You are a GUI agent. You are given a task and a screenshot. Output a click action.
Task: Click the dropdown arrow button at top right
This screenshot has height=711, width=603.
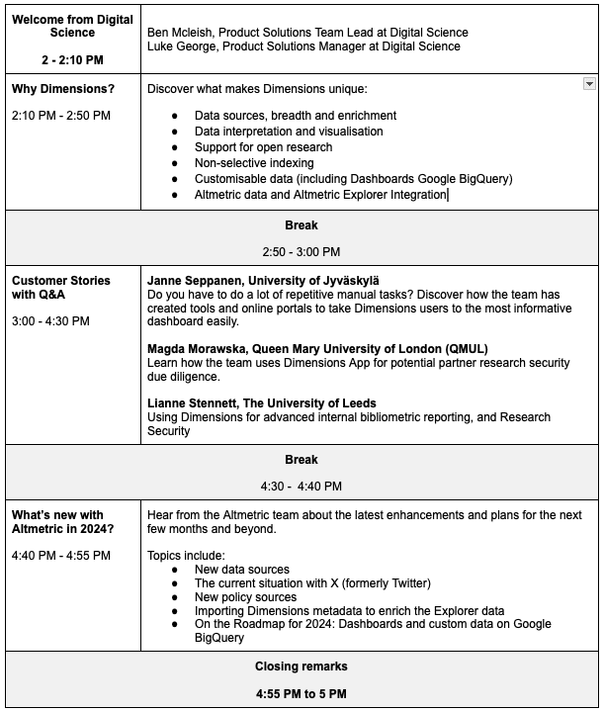[589, 85]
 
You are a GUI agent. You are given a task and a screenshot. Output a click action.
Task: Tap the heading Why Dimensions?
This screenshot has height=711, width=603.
[63, 89]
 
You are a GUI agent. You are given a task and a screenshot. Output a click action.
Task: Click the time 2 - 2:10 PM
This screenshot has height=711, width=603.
[72, 60]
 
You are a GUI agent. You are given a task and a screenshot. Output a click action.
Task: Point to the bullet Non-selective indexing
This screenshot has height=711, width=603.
[254, 163]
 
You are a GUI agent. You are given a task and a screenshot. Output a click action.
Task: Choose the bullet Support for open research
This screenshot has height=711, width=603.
[263, 147]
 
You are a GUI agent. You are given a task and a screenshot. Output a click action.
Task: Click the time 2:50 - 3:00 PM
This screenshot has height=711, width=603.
[301, 252]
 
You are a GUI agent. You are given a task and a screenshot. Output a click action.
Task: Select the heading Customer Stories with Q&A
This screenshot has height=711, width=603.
[61, 288]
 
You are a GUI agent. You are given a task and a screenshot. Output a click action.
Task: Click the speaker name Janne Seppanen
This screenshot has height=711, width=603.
[204, 281]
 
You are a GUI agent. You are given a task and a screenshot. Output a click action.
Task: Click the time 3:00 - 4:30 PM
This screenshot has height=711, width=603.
[50, 321]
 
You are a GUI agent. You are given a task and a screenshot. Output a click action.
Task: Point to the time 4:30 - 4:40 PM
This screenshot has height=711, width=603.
[301, 486]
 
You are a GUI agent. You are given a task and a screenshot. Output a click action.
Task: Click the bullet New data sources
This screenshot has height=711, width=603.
[242, 570]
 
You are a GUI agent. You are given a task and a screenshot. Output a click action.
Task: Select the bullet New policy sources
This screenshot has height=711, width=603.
[245, 597]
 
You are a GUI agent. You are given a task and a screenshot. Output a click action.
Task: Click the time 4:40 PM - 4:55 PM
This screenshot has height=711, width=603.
[61, 556]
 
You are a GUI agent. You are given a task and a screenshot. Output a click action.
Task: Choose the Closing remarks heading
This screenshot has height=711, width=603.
[301, 667]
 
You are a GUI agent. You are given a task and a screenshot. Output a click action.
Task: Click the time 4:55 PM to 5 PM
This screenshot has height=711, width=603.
[301, 693]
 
